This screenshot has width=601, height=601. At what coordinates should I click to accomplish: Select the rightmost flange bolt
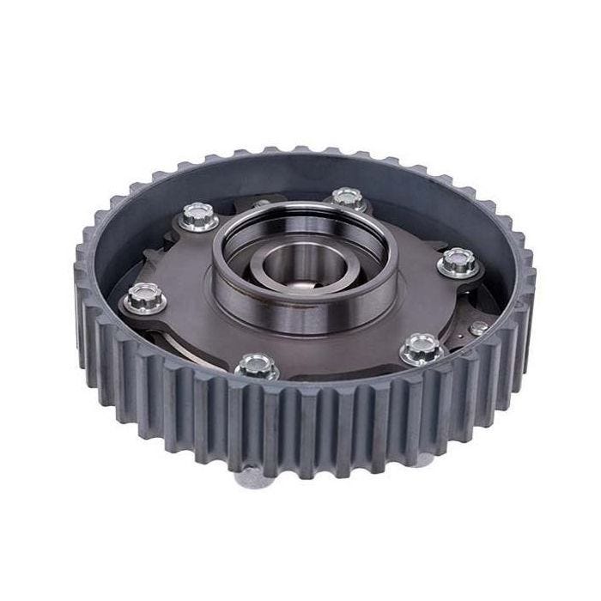pyautogui.click(x=458, y=262)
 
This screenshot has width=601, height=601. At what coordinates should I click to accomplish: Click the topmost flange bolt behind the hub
pyautogui.click(x=347, y=199)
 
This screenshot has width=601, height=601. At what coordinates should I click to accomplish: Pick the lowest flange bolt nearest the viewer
pyautogui.click(x=257, y=367)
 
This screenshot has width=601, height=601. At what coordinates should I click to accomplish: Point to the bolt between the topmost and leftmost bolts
pyautogui.click(x=199, y=216)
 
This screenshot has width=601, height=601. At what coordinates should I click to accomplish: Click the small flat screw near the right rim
pyautogui.click(x=479, y=327)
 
